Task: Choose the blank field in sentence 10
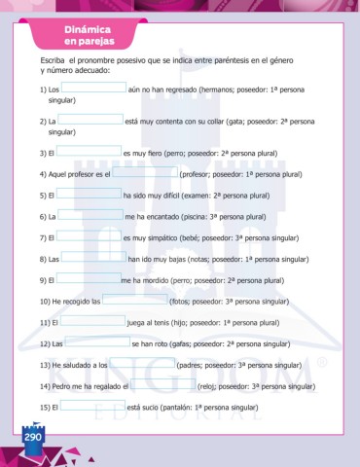tap(135, 301)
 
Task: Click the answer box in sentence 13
tap(142, 364)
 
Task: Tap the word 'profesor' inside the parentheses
tap(198, 174)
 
